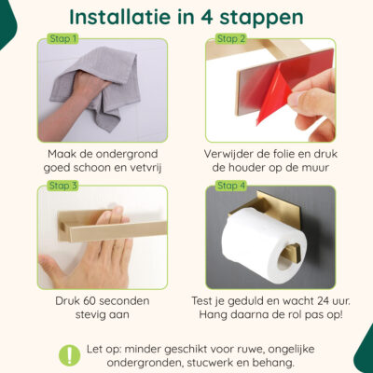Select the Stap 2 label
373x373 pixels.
231,39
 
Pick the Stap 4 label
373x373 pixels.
231,186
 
